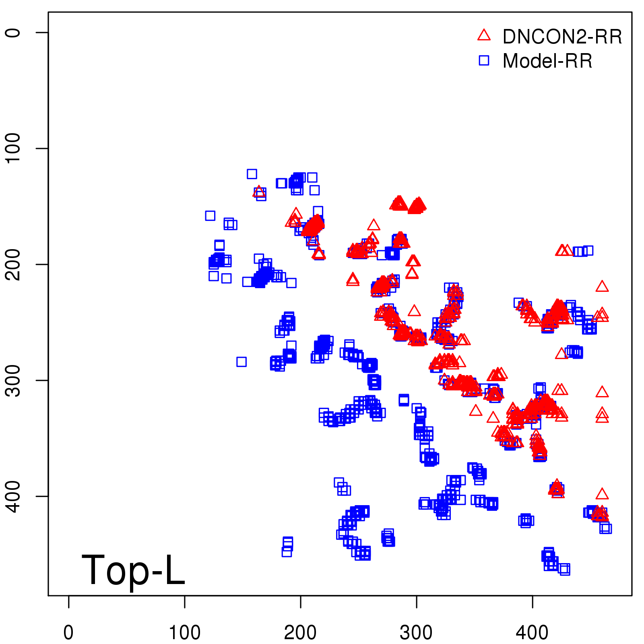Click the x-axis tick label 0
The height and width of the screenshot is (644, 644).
click(68, 633)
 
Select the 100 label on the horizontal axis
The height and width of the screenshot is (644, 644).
click(184, 633)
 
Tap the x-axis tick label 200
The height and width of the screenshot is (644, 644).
click(300, 633)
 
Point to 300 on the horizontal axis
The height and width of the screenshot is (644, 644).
click(416, 633)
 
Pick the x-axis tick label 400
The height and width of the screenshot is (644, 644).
click(532, 633)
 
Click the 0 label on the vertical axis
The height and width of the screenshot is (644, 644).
click(13, 32)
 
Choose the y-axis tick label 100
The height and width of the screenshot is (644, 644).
click(13, 148)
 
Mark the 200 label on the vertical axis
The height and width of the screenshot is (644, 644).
click(13, 264)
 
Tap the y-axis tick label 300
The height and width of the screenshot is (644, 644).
click(13, 380)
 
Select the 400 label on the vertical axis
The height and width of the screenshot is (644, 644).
click(13, 496)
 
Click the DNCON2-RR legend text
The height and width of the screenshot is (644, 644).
click(562, 37)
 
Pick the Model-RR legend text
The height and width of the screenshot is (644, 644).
click(547, 61)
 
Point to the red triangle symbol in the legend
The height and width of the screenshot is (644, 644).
click(484, 36)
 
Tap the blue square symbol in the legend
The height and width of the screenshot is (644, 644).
click(484, 60)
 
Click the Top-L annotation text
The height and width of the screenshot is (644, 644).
click(133, 570)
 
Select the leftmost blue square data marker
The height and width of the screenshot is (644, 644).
click(210, 216)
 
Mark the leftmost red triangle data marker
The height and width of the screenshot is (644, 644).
click(259, 192)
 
